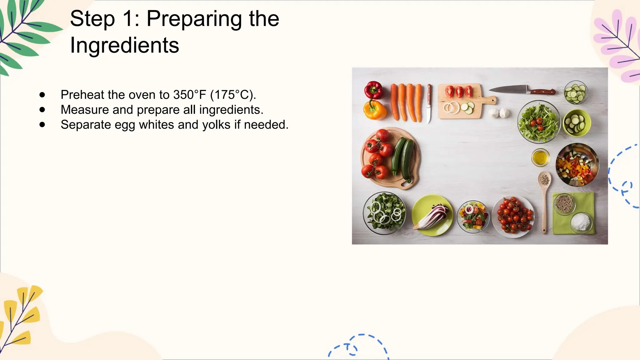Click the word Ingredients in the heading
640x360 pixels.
tap(124, 45)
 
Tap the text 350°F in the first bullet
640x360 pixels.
tap(190, 95)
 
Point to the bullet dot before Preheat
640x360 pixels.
tap(42, 95)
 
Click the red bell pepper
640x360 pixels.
tap(373, 90)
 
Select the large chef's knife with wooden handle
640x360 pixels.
tap(522, 90)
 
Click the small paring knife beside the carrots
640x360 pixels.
tap(429, 103)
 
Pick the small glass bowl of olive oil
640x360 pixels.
tap(540, 157)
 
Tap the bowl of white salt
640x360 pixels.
tap(581, 222)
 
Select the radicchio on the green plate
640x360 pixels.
tap(433, 216)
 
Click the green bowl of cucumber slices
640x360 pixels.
tap(577, 122)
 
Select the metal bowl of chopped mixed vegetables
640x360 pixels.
tap(577, 164)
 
